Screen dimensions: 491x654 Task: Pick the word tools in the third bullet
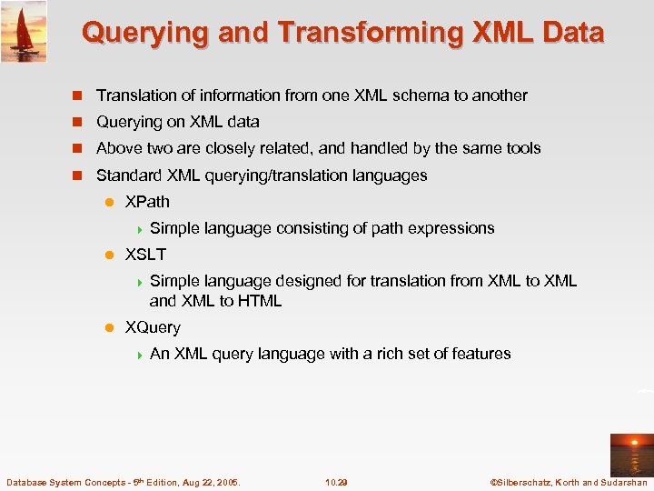(x=521, y=148)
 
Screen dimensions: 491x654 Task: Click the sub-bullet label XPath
(x=147, y=202)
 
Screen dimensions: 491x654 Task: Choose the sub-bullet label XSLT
(x=145, y=255)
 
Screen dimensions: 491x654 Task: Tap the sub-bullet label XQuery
(x=153, y=327)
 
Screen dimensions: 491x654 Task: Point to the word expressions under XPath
(x=451, y=228)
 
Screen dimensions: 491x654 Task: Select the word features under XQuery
(x=480, y=354)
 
